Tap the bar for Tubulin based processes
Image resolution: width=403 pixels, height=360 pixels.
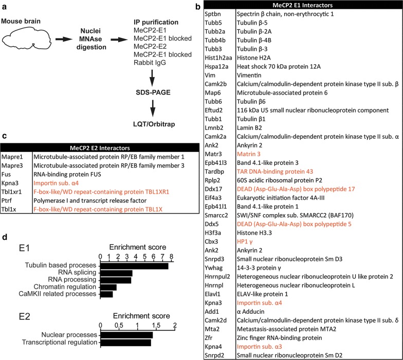point(134,266)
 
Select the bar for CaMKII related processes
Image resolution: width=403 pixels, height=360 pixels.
point(106,294)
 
